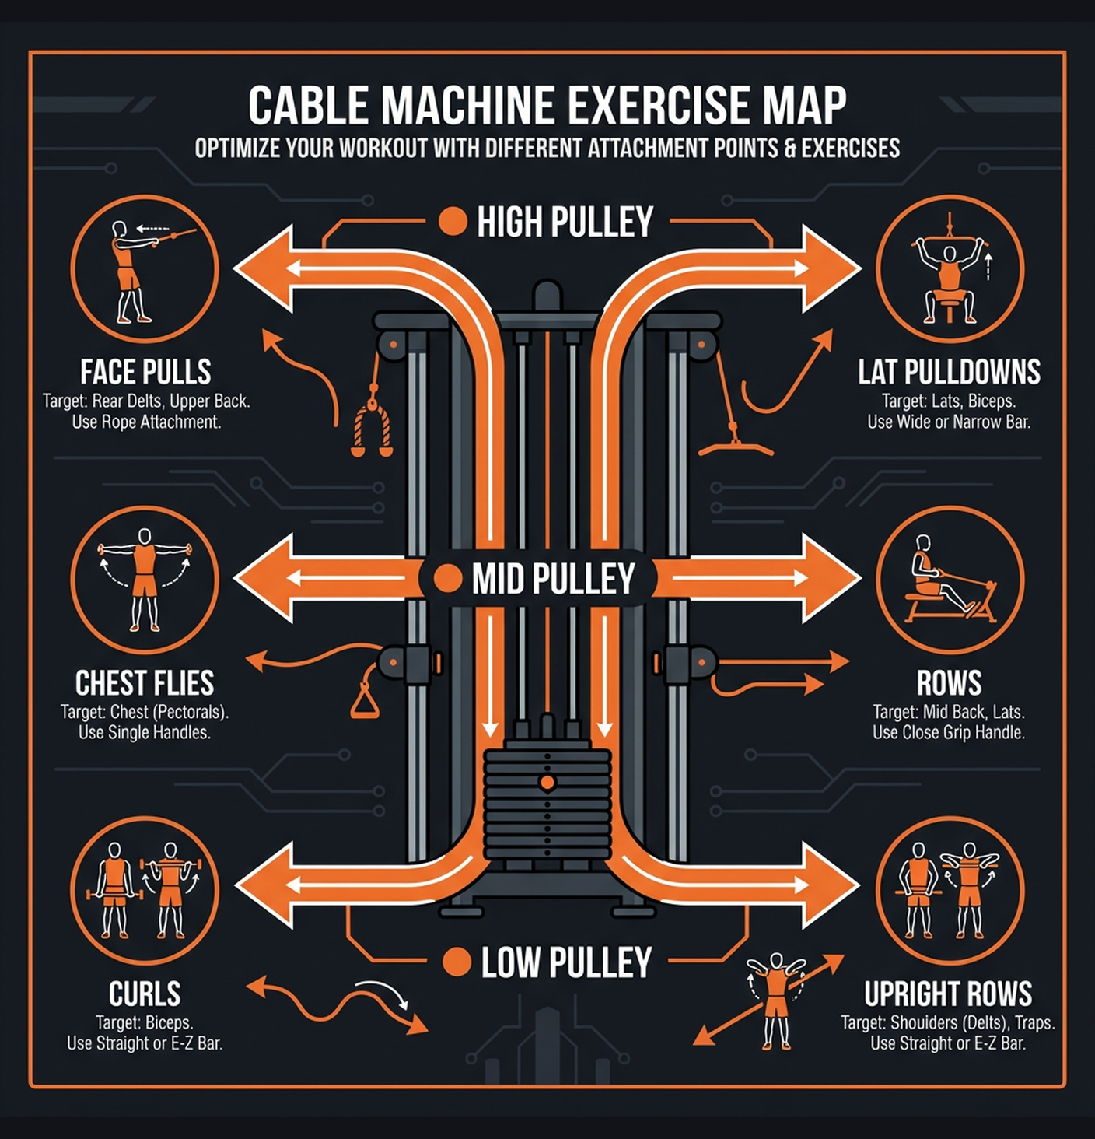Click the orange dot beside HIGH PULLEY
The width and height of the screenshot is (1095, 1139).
click(452, 222)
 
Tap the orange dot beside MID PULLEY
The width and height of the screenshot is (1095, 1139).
click(447, 579)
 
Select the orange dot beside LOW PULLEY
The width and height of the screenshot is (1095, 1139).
click(457, 962)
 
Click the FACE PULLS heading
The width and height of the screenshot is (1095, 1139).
click(145, 372)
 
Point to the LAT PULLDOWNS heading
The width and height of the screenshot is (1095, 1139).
click(949, 372)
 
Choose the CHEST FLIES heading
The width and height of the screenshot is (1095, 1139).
click(145, 683)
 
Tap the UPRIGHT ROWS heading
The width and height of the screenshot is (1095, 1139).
click(948, 994)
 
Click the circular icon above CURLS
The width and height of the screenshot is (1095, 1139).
click(145, 890)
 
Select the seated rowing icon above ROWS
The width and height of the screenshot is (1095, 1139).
click(950, 580)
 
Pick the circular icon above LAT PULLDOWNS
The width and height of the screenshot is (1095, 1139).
click(950, 268)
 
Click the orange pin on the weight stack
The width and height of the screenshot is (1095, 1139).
click(547, 782)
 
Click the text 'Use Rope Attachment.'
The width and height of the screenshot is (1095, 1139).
click(146, 422)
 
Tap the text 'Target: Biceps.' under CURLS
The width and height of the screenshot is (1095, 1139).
click(145, 1022)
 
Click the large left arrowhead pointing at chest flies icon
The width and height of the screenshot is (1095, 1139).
click(264, 579)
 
